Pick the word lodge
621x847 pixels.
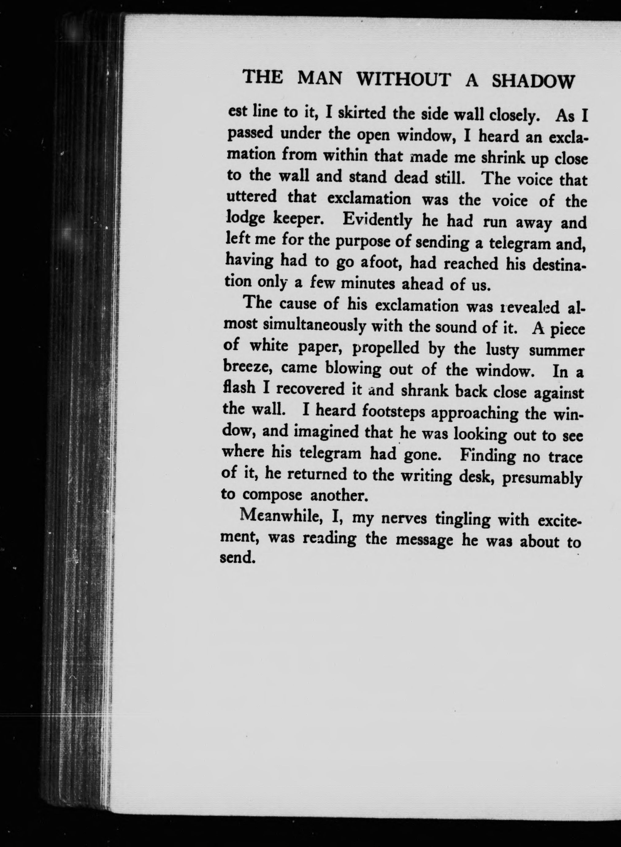point(245,219)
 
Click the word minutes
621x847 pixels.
point(367,284)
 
